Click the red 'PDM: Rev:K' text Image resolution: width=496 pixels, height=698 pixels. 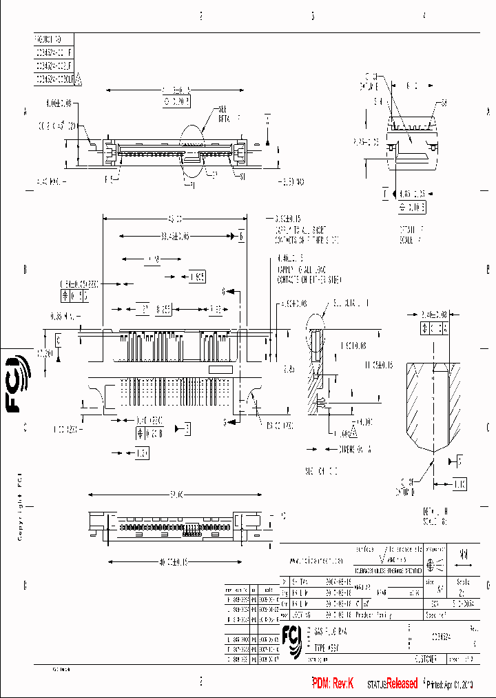click(x=333, y=684)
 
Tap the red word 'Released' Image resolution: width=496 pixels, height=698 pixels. click(x=402, y=684)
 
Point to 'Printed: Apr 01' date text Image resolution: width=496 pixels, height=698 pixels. click(x=448, y=684)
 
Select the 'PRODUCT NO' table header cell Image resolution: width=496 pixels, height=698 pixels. click(x=53, y=39)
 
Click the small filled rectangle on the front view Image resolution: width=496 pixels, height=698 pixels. click(x=220, y=370)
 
